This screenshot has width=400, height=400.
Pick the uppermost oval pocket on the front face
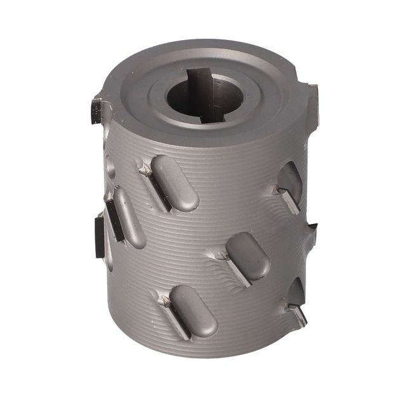tap(175, 183)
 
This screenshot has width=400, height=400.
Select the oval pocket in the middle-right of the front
tap(248, 255)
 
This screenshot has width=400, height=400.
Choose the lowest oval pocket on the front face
tap(193, 310)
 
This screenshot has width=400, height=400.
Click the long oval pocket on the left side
tap(128, 217)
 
